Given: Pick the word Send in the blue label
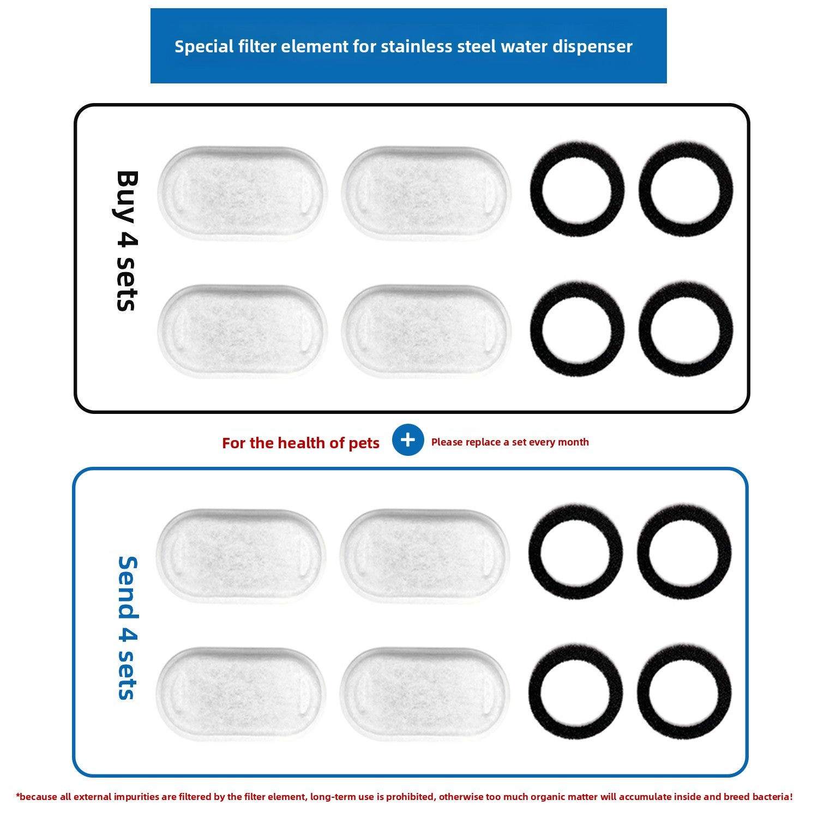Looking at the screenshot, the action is [128, 588].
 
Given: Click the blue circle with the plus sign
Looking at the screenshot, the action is [408, 440].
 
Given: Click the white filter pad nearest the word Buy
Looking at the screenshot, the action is [243, 193].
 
